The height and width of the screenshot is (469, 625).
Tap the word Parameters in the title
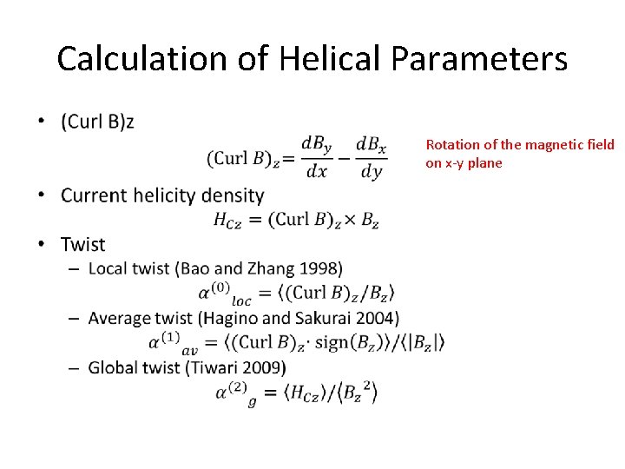pos(479,59)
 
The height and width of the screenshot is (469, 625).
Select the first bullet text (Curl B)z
pos(97,122)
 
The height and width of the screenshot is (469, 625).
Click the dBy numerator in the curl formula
pos(316,143)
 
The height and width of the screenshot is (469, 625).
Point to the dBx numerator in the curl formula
pos(372,143)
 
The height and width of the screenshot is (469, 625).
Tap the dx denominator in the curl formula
pos(317,171)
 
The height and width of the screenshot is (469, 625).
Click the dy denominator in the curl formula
pos(371,172)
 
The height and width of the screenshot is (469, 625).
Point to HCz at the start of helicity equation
pos(227,220)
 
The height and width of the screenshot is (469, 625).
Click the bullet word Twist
pos(82,245)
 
